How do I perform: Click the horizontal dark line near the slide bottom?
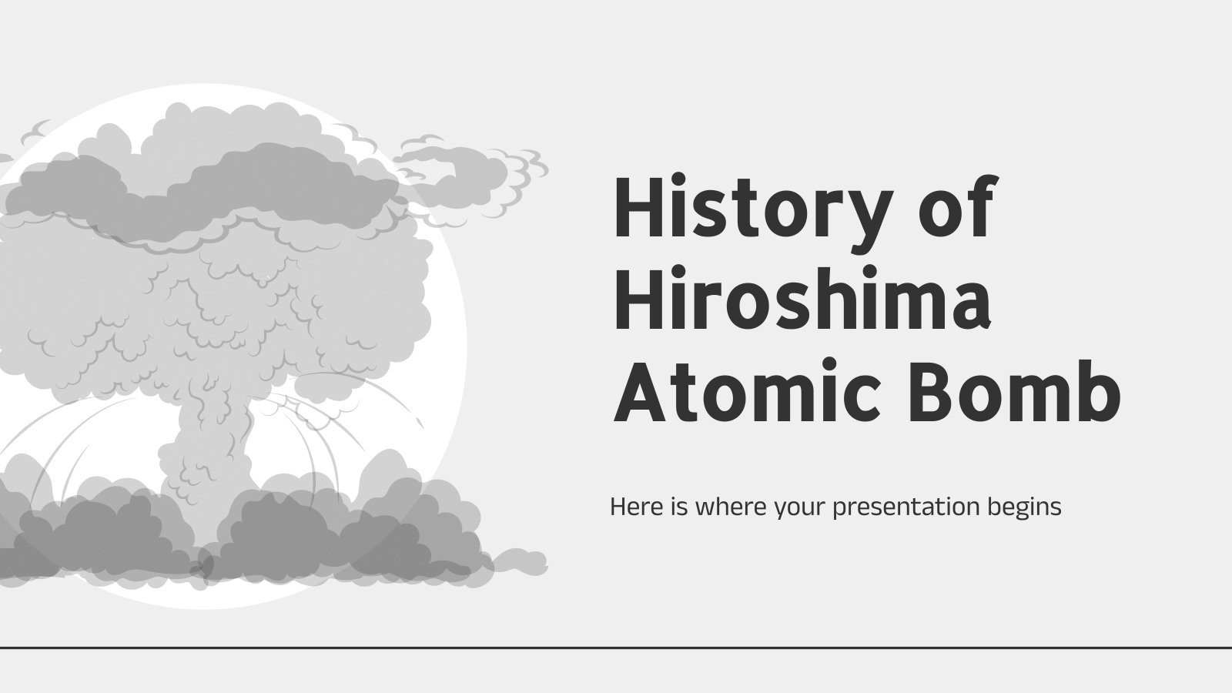tap(616, 648)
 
